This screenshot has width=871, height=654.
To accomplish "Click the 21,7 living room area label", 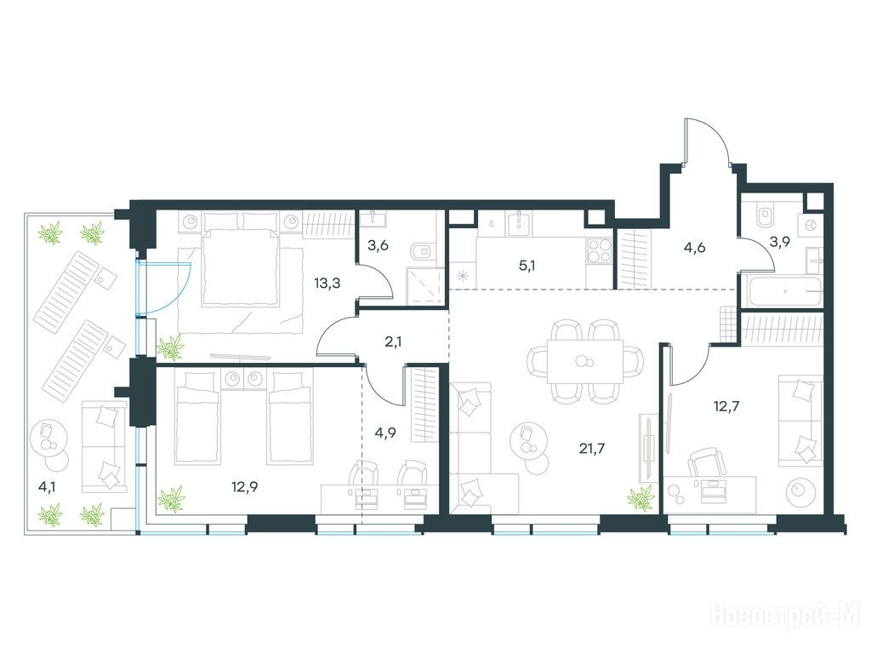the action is click(592, 449).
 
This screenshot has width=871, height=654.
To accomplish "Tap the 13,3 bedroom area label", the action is click(327, 284).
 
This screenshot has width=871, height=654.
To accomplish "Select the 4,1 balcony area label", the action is click(47, 487).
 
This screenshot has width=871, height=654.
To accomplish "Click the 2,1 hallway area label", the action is click(393, 341).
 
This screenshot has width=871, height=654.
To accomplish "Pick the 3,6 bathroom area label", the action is click(377, 244).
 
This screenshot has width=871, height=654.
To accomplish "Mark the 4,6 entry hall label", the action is click(695, 248).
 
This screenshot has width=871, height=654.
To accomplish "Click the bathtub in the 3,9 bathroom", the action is click(784, 290).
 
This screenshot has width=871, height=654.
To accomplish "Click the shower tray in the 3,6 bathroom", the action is click(425, 286).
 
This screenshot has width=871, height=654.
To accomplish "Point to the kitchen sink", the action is click(519, 221).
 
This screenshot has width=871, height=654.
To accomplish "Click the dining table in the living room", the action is click(584, 361).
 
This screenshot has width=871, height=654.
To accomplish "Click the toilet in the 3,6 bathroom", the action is click(423, 251).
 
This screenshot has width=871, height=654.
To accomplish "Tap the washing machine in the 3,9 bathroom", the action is click(810, 225).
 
